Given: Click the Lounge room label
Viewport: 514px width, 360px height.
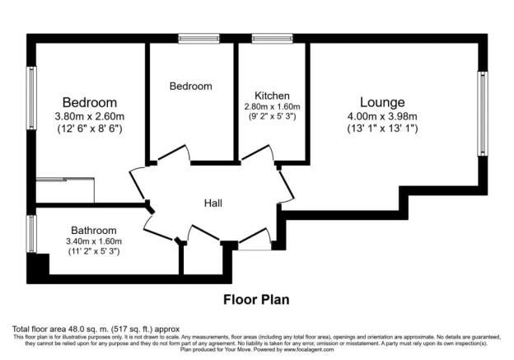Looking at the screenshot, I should tap(381, 102).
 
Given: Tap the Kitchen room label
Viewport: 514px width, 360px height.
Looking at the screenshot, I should tap(271, 95).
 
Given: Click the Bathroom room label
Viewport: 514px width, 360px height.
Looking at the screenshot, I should tap(93, 230).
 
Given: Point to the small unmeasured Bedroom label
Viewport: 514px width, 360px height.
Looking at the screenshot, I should tap(191, 86).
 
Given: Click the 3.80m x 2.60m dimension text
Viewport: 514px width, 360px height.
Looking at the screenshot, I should tap(88, 116).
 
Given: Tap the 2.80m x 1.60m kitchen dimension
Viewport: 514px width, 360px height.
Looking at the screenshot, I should tap(271, 106).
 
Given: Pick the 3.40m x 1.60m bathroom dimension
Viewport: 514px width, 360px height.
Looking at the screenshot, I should tap(93, 241).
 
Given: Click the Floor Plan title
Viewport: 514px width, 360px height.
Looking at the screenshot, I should tap(256, 299).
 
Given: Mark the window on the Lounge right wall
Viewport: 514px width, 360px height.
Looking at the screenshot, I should tap(483, 114).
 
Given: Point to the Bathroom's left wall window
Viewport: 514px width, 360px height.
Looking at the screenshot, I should tap(32, 234).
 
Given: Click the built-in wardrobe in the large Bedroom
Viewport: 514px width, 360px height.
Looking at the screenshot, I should tap(66, 189).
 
